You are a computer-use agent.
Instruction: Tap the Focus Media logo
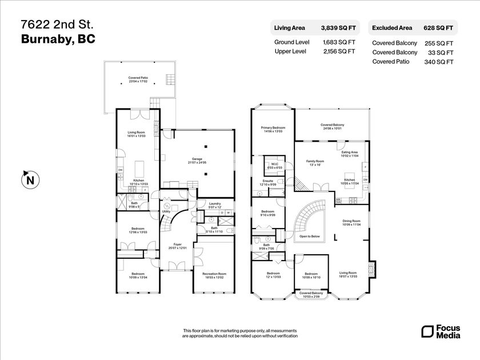(x=437, y=331)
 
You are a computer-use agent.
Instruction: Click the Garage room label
(x=197, y=160)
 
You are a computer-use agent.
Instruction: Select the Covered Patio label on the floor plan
(x=138, y=79)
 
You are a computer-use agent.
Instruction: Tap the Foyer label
(x=177, y=245)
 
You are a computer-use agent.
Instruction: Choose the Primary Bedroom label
(x=273, y=128)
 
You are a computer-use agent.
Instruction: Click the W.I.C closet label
(x=274, y=165)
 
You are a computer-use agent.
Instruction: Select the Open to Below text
(x=310, y=236)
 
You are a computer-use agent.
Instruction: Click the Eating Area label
(x=350, y=153)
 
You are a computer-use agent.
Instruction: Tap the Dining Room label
(x=351, y=221)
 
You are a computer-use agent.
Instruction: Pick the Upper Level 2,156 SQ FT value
(x=339, y=51)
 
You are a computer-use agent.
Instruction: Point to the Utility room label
(x=166, y=211)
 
